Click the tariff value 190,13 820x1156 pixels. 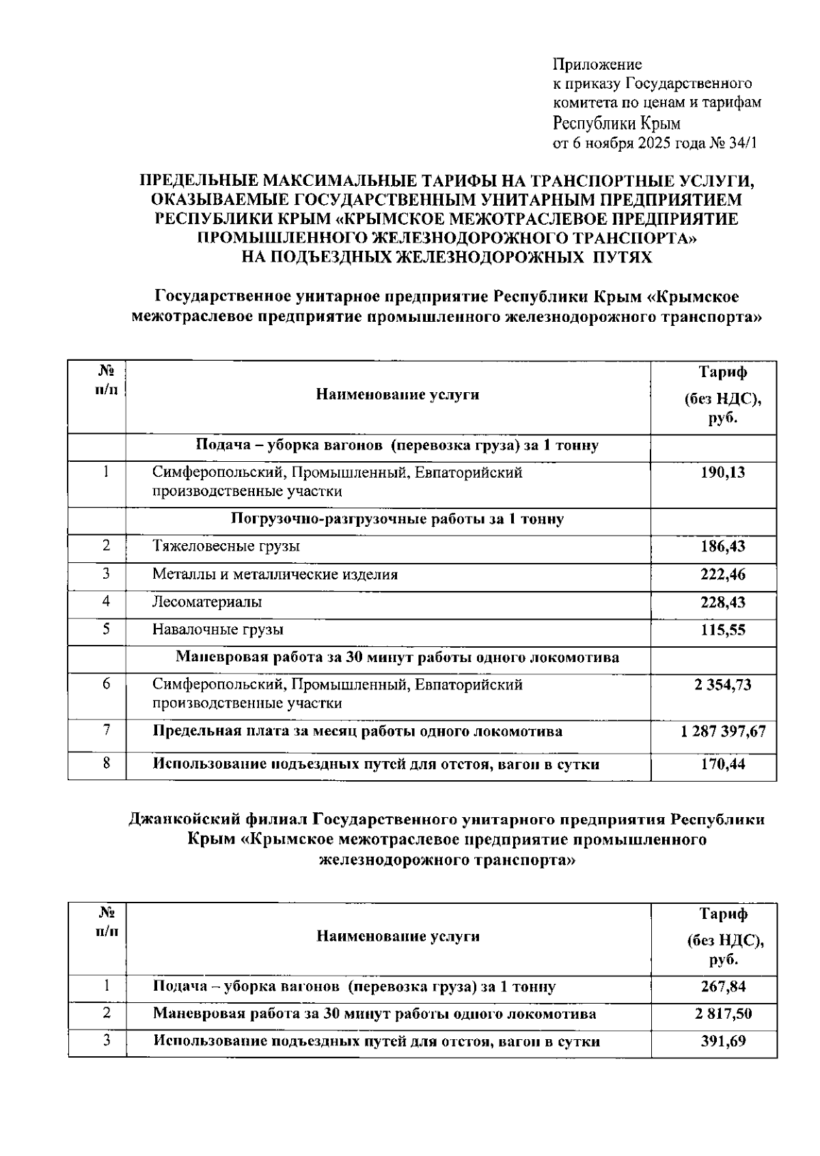(723, 472)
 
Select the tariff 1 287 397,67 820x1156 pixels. (723, 732)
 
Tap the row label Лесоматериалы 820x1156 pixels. (206, 602)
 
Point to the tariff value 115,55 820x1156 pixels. (723, 630)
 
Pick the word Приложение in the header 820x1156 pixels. (597, 65)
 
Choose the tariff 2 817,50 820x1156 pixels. (723, 1014)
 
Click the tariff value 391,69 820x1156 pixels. (723, 1042)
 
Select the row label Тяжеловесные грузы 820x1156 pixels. (225, 546)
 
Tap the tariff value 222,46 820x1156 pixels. (723, 575)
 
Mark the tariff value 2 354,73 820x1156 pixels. (723, 685)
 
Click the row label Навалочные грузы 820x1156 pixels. (217, 630)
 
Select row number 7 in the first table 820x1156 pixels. (107, 730)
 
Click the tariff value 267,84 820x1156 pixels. (723, 987)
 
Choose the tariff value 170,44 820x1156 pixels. (723, 764)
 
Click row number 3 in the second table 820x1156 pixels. (107, 1041)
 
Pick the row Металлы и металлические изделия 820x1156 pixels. (275, 575)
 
